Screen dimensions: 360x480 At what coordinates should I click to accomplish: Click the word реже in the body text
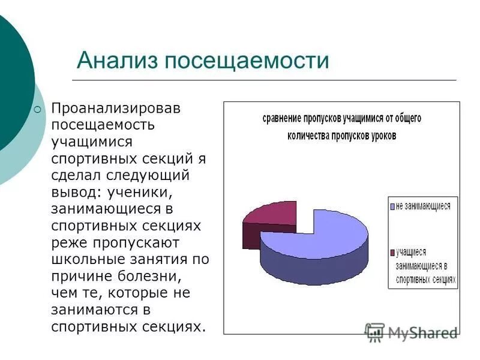coord(69,243)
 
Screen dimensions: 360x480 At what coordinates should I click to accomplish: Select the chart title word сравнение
coord(284,119)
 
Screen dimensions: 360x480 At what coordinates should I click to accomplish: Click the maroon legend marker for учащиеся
coord(392,253)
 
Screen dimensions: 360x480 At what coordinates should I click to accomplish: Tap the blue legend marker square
coord(392,206)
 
